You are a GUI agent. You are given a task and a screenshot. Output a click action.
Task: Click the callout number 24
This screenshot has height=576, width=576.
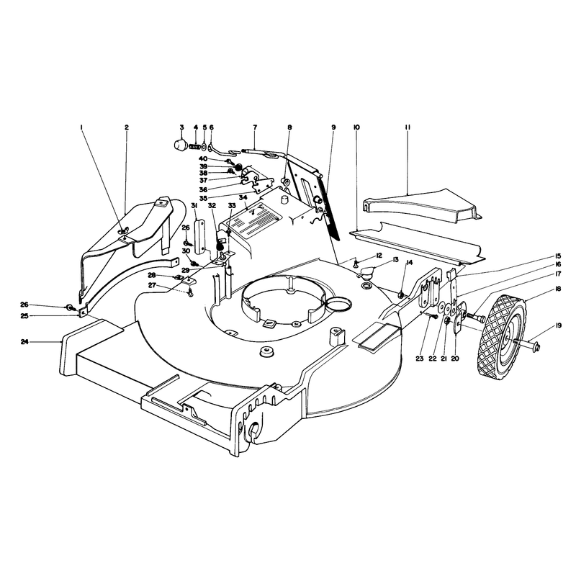pyautogui.click(x=24, y=342)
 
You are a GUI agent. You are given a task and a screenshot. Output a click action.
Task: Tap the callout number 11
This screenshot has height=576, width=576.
pyautogui.click(x=408, y=127)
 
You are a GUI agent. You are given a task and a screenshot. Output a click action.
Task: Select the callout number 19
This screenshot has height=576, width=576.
pyautogui.click(x=559, y=325)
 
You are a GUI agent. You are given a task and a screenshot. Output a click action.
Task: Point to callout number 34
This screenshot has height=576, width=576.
pyautogui.click(x=243, y=197)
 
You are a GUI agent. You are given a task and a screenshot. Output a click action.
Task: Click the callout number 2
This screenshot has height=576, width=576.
pyautogui.click(x=127, y=127)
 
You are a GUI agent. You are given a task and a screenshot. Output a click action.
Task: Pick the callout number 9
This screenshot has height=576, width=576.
pyautogui.click(x=333, y=127)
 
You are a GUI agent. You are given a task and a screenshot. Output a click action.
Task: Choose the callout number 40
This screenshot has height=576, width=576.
pyautogui.click(x=203, y=158)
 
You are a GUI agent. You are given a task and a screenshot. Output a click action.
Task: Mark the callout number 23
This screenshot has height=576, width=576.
pyautogui.click(x=420, y=359)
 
